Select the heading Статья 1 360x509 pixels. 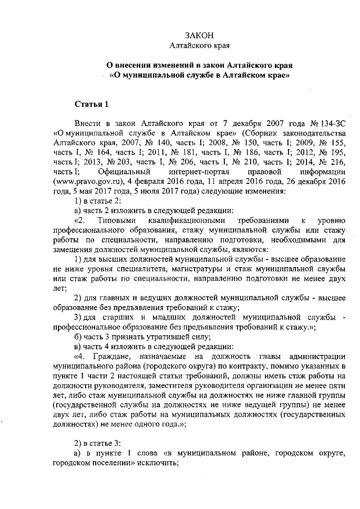(88, 104)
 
